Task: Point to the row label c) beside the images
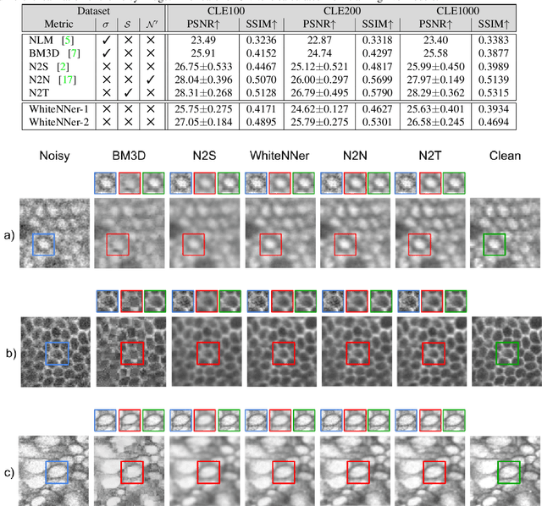pyautogui.click(x=8, y=472)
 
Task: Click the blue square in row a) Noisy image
pyautogui.click(x=43, y=245)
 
